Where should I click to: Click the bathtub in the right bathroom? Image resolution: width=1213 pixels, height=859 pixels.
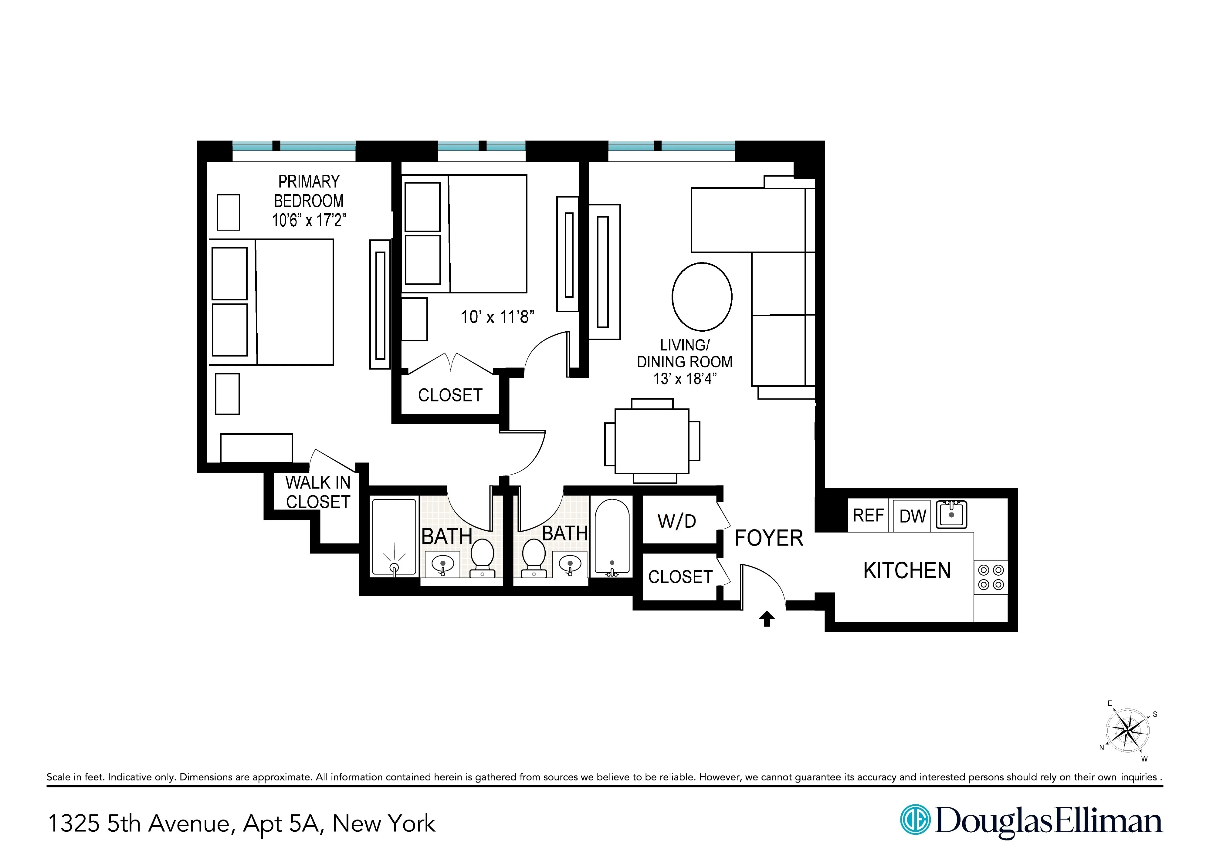612,537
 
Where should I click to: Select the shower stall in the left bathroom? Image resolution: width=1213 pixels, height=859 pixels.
394,537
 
